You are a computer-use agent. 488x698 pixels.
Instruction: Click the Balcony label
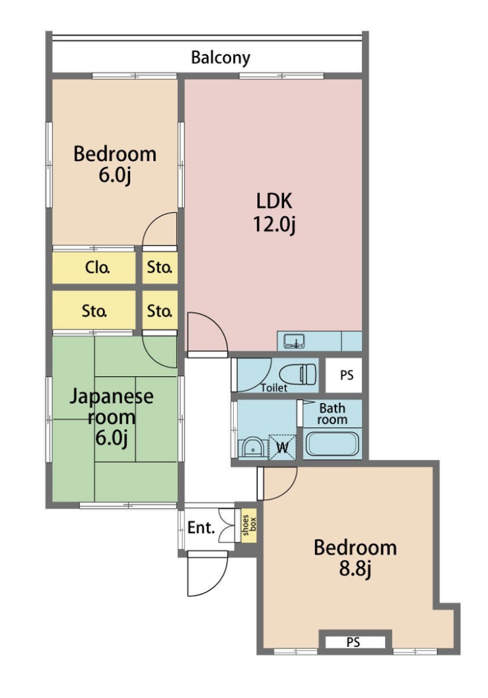220,57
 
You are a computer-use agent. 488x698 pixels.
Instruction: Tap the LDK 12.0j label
274,213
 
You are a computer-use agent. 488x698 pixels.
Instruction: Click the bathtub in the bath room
332,443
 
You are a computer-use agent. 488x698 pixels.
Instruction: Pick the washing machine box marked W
283,446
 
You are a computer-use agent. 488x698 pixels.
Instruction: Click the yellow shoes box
249,527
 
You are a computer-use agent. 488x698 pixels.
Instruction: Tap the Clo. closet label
97,267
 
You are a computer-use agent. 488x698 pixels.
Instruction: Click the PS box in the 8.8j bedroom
354,642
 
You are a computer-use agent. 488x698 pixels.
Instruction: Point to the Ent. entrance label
201,528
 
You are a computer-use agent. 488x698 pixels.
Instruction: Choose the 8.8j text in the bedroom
355,568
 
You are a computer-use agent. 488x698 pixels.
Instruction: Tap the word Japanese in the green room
111,396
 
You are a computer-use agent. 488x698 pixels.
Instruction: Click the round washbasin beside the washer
253,449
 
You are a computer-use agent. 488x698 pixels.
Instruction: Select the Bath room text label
332,414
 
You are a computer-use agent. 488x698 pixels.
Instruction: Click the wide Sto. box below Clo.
94,310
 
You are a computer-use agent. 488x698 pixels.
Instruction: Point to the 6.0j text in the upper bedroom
115,175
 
